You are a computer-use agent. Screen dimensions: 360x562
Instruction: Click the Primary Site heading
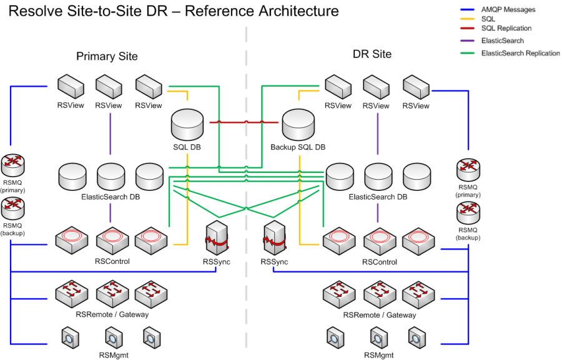point(107,56)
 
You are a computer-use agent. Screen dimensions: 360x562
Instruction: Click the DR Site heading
point(372,54)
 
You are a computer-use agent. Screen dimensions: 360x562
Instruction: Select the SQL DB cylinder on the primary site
point(188,125)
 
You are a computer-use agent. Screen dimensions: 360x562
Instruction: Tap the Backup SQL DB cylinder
point(298,125)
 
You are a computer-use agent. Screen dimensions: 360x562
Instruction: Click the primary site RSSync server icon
point(216,239)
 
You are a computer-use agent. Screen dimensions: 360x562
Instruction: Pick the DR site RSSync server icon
point(274,239)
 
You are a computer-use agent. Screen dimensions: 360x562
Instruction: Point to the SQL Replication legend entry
point(506,29)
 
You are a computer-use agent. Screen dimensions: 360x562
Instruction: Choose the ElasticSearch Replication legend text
point(521,53)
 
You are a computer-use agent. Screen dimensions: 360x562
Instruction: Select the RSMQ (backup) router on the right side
point(468,216)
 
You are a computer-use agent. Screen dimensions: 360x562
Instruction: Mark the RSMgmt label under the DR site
point(378,355)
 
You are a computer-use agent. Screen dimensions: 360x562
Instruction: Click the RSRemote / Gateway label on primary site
point(112,314)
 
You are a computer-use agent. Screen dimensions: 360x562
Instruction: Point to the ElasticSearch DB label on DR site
point(378,197)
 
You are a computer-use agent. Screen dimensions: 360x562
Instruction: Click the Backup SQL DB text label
point(298,147)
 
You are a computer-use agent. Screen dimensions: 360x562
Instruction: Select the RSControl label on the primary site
point(112,261)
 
